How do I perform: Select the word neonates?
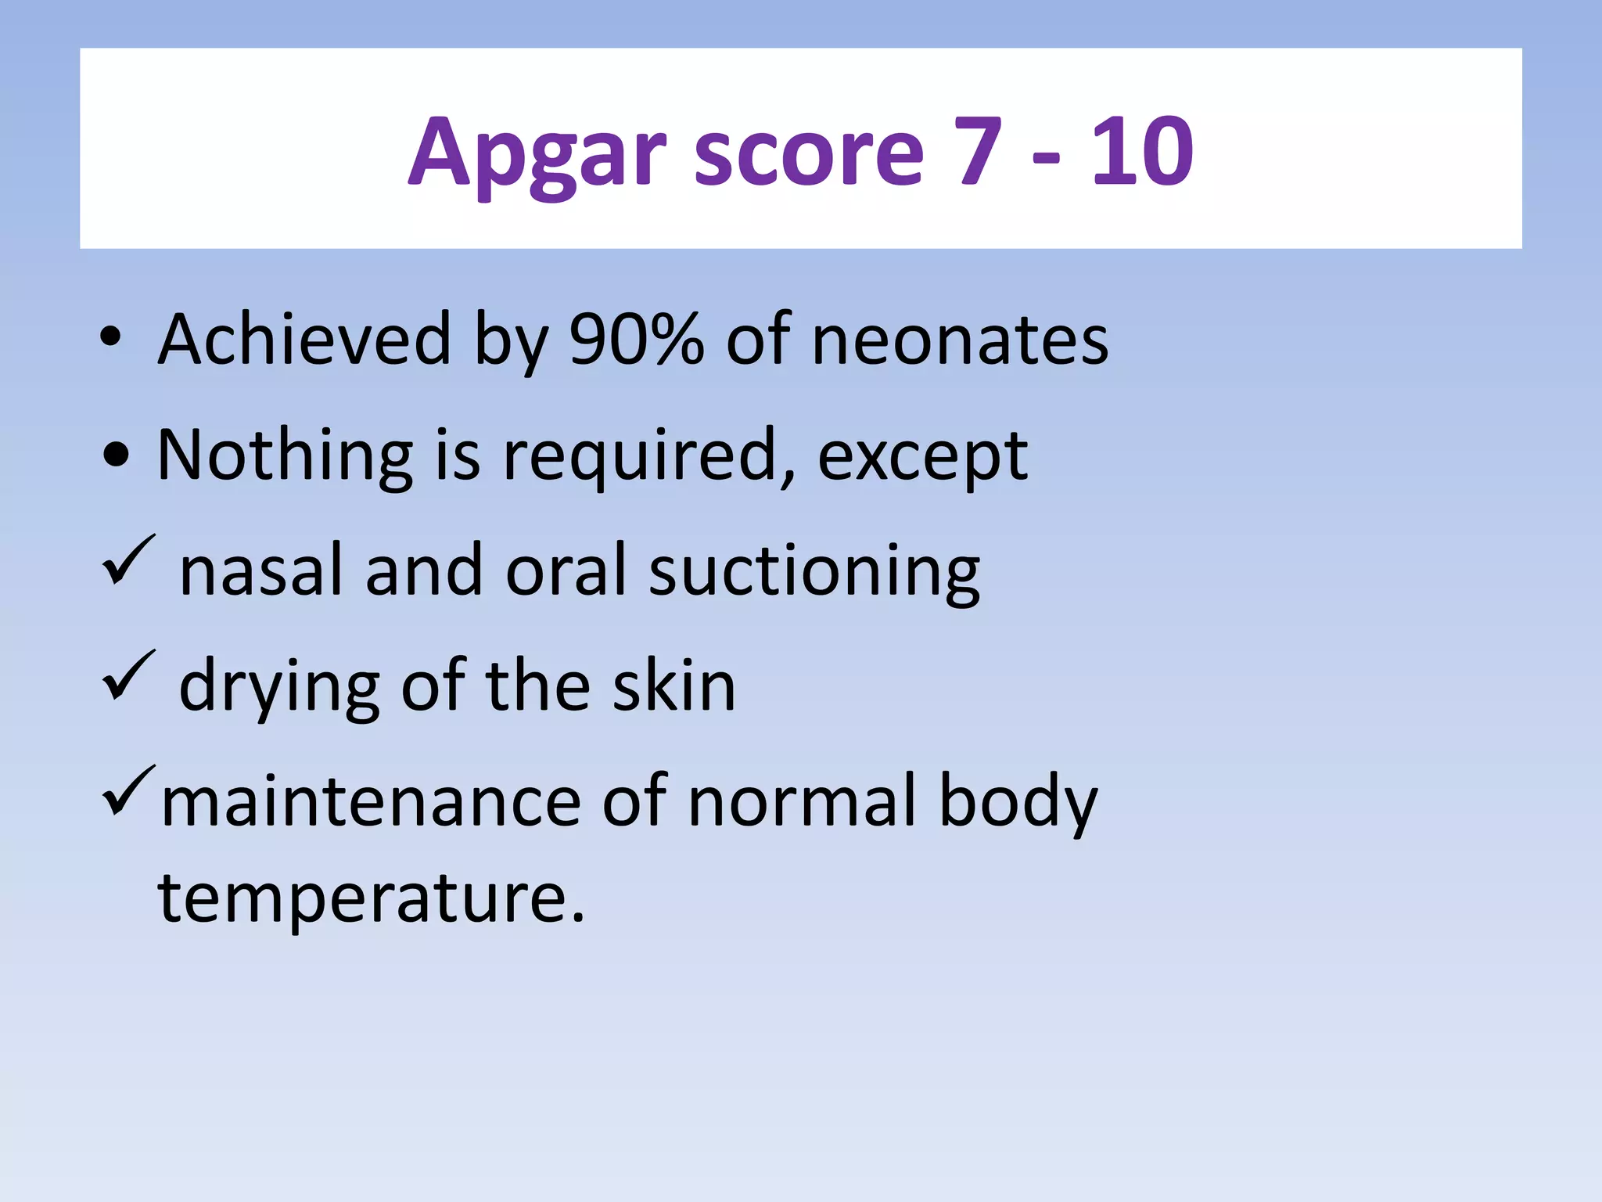pyautogui.click(x=960, y=341)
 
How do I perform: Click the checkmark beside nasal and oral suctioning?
pyautogui.click(x=128, y=560)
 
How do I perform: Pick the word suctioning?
pyautogui.click(x=814, y=572)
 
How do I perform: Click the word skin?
pyautogui.click(x=673, y=686)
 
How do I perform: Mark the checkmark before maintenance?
pyautogui.click(x=128, y=790)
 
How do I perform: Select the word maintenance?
pyautogui.click(x=371, y=801)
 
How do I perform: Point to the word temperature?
pyautogui.click(x=371, y=899)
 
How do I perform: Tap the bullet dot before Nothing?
pyautogui.click(x=117, y=455)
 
